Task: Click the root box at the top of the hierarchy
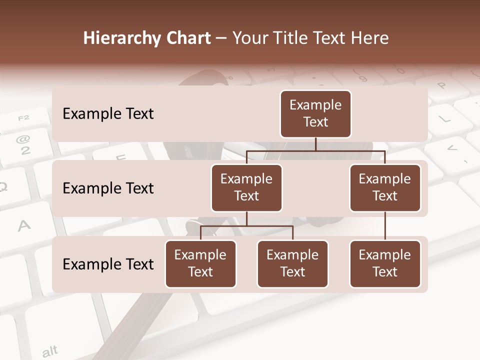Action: coord(315,113)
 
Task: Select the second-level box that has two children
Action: coord(246,187)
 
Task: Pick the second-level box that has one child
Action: coord(385,187)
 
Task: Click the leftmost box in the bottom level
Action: coord(200,263)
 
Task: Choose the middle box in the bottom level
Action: coord(292,263)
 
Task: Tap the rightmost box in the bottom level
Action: coord(385,263)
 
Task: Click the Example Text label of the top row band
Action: coord(108,114)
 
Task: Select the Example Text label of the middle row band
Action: coord(108,188)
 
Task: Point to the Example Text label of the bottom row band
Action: coord(108,264)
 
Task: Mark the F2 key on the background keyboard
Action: coord(23,118)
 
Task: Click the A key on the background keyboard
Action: coord(23,226)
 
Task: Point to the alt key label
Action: coord(49,351)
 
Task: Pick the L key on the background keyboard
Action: coord(443,119)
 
